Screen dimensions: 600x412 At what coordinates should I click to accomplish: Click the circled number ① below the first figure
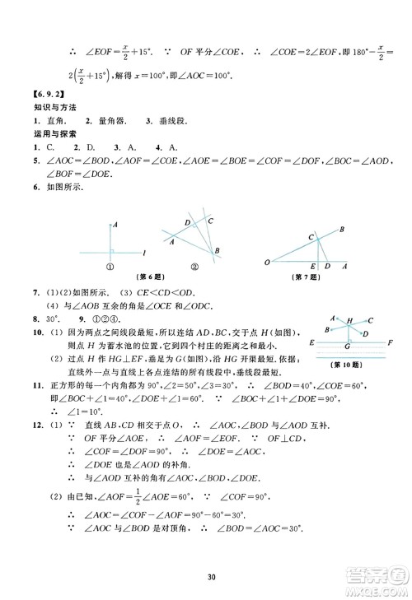(109, 266)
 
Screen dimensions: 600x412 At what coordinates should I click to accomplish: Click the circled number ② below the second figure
(196, 266)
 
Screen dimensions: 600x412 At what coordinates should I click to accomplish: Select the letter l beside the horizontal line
(144, 250)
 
